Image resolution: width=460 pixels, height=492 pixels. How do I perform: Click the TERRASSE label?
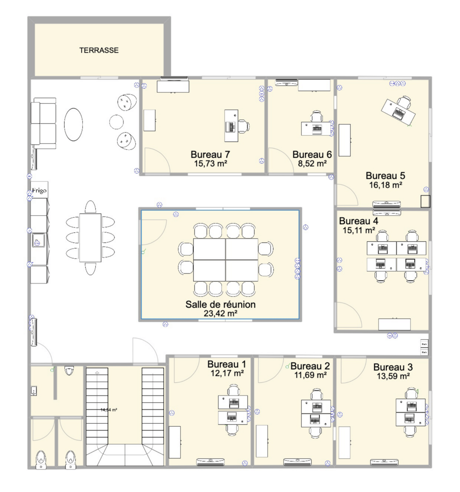(99, 50)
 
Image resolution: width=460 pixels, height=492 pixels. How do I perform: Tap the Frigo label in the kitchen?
(39, 191)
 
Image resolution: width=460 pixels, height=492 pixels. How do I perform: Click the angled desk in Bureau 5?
(398, 111)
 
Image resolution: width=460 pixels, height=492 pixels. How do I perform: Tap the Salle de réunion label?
(221, 304)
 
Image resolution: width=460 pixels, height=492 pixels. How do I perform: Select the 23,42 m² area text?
(220, 313)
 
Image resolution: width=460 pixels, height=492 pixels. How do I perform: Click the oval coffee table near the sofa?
(73, 124)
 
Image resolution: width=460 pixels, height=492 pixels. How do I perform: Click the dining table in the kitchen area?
(90, 237)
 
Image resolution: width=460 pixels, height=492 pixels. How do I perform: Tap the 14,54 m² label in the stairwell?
(109, 410)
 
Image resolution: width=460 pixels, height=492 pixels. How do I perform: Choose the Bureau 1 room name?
(226, 363)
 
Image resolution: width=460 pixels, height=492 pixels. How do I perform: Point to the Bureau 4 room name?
(358, 221)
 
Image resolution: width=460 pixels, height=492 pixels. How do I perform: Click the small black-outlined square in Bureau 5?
(425, 201)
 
